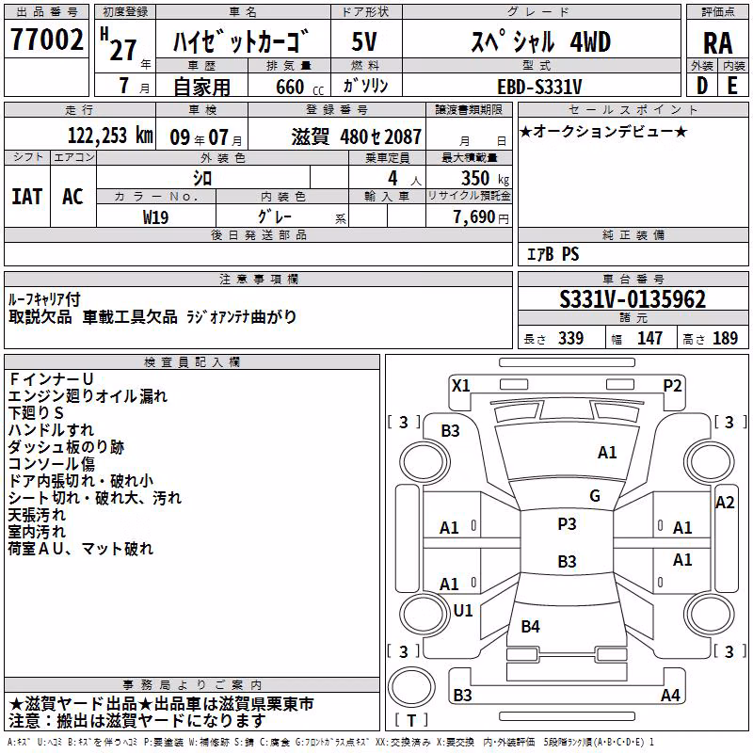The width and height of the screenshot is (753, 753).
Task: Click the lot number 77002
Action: [46, 40]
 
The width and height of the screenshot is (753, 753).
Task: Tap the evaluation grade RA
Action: [717, 43]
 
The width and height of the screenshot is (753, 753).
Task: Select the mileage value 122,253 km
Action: [110, 136]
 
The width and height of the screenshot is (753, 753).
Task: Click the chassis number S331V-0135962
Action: [633, 299]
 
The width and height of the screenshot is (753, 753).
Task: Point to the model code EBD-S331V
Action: [539, 87]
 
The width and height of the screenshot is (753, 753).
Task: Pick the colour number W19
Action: [155, 217]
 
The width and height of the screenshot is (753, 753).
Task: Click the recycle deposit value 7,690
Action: [473, 217]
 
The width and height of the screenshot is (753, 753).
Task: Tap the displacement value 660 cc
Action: [299, 88]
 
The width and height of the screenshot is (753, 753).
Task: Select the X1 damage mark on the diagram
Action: [461, 385]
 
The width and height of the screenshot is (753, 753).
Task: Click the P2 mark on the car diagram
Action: [672, 385]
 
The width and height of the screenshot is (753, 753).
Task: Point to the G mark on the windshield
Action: [595, 495]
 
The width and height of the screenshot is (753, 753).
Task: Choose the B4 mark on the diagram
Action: [530, 626]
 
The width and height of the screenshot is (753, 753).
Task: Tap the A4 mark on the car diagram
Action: [670, 695]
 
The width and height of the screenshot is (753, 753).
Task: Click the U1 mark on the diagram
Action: [463, 610]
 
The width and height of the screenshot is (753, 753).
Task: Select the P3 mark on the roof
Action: [567, 523]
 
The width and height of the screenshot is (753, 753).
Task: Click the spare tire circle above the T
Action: [411, 687]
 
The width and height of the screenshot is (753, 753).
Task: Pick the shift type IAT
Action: [26, 197]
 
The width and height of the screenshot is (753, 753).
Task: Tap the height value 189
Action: [725, 338]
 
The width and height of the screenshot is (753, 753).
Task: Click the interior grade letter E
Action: [732, 86]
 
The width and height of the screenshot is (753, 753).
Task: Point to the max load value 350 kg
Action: [485, 178]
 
